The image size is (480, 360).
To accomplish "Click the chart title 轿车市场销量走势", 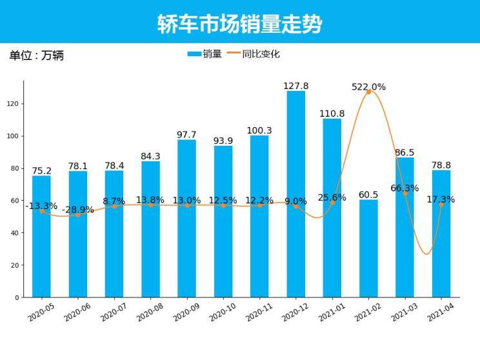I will point(239,24).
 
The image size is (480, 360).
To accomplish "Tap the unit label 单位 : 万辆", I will point(36,55).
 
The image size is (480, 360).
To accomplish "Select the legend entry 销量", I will point(205,54).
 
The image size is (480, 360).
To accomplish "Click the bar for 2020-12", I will point(296,194).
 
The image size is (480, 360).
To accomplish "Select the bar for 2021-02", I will point(368,248).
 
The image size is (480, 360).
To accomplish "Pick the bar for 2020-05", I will point(41,236).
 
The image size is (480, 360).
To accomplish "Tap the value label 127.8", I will point(296,86).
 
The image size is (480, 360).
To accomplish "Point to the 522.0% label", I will point(368,87).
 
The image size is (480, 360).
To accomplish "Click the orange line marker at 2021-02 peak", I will point(368,92).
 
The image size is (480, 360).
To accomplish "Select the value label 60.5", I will point(368,194).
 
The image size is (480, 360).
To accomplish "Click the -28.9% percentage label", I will point(77,210).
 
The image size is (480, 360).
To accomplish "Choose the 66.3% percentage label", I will point(405,188).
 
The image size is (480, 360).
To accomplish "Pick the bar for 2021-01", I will point(332,208).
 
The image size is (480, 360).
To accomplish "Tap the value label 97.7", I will point(186,135).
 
